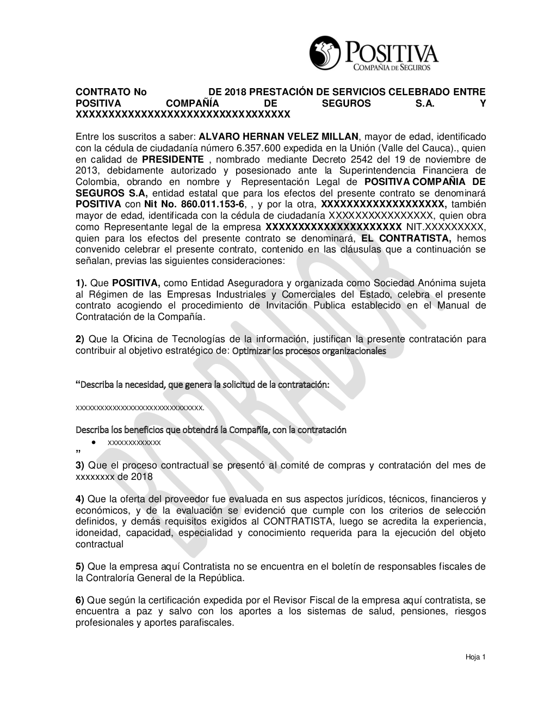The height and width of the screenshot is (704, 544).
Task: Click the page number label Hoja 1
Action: pyautogui.click(x=475, y=657)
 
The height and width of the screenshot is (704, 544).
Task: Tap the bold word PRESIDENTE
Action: pyautogui.click(x=173, y=159)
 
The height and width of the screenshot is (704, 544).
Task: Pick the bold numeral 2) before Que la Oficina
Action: pyautogui.click(x=79, y=339)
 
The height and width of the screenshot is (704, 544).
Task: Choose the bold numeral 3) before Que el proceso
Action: pyautogui.click(x=79, y=465)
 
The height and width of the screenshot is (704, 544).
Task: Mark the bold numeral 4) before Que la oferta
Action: pyautogui.click(x=79, y=499)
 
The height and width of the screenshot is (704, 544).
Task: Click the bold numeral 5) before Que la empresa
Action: pyautogui.click(x=79, y=566)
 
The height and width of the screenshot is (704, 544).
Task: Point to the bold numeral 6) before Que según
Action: pyautogui.click(x=79, y=600)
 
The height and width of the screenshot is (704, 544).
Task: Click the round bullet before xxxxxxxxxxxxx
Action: pyautogui.click(x=95, y=442)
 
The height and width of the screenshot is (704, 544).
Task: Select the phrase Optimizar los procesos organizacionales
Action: pyautogui.click(x=309, y=351)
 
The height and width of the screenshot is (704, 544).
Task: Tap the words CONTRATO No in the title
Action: pyautogui.click(x=111, y=92)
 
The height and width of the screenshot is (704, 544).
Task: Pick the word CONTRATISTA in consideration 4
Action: pyautogui.click(x=295, y=521)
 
